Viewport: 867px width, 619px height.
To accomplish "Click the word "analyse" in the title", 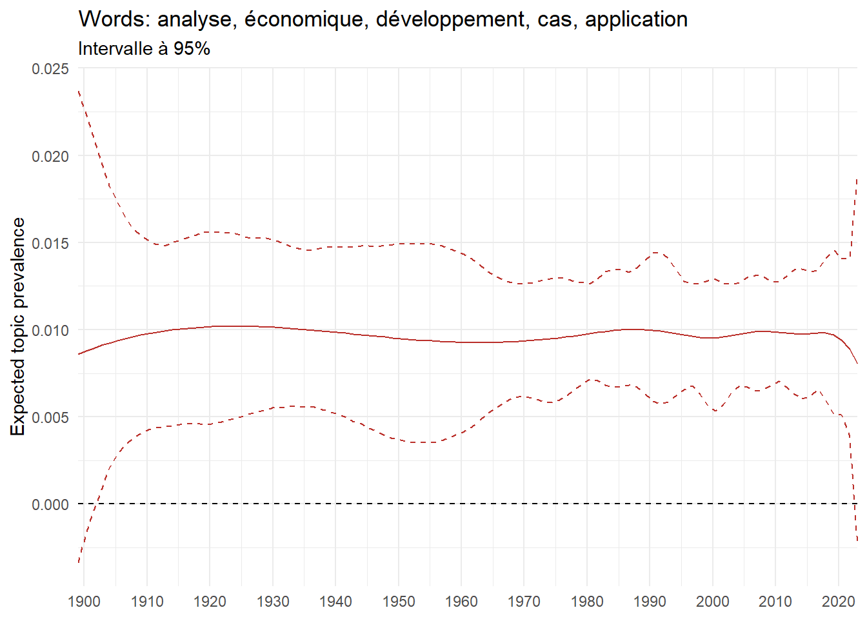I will [x=195, y=19].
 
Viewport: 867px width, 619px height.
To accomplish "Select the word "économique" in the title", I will [x=304, y=19].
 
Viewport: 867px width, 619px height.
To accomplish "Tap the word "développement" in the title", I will [x=449, y=19].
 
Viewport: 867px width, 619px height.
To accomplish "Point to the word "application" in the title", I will [x=636, y=19].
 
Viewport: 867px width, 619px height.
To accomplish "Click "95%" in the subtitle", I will [x=192, y=49].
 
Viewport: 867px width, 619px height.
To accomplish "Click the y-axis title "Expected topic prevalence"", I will [x=18, y=326].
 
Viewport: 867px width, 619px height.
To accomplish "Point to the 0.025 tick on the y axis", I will [x=50, y=68].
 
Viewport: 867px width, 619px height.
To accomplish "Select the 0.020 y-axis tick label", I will [x=50, y=156].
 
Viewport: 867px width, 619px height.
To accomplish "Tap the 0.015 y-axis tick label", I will [x=50, y=243].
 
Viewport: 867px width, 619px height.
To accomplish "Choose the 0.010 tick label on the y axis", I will [x=50, y=330].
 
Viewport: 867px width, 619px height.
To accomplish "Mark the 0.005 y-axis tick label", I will [x=50, y=417].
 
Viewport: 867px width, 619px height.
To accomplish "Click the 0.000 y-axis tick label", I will [x=50, y=504].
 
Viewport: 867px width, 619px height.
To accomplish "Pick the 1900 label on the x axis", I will [x=84, y=602].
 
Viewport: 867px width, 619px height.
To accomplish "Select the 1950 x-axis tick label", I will [x=399, y=602].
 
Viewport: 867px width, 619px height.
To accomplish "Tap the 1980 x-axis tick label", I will [x=587, y=602].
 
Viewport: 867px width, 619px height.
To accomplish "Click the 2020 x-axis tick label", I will [x=838, y=602].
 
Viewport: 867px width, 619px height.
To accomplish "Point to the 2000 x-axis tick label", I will [x=713, y=602].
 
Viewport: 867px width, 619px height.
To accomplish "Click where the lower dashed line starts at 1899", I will [x=79, y=562].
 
